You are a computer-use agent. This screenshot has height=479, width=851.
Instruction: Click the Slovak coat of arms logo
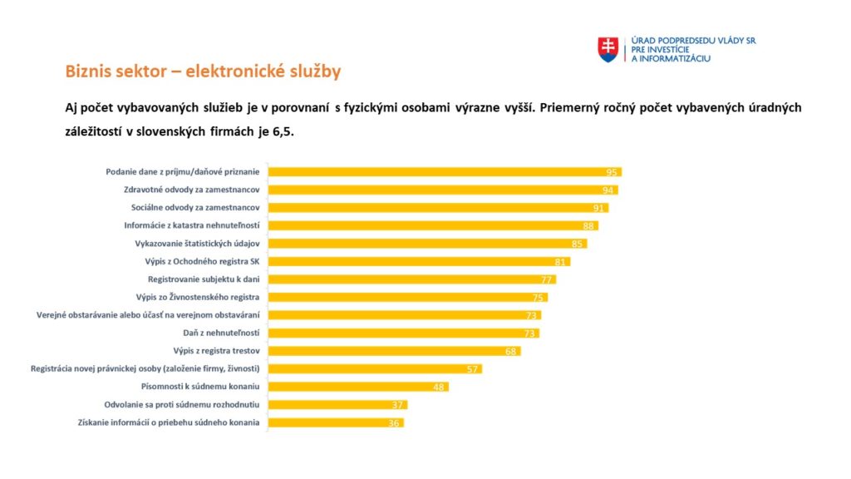[608, 49]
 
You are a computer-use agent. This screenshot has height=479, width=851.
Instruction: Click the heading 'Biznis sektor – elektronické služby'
[203, 72]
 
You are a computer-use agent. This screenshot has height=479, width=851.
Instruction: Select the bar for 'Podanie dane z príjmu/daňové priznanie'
[445, 172]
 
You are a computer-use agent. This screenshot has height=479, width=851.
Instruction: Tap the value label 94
[609, 190]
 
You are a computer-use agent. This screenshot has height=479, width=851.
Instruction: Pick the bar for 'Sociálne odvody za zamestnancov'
[438, 208]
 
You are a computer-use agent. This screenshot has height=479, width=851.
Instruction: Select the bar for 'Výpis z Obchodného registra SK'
[420, 262]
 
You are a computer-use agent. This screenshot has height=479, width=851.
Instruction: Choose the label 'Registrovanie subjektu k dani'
[204, 279]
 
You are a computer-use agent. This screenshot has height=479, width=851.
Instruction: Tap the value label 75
[539, 298]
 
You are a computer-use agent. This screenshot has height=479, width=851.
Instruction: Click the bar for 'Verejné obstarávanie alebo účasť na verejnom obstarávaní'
[405, 315]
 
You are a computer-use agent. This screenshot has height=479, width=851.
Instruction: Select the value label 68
[512, 352]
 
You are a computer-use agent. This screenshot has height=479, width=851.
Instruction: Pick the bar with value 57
[376, 369]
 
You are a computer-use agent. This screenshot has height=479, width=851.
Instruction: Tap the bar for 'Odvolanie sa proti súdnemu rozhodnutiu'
[338, 405]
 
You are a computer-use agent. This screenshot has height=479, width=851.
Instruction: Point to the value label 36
[394, 423]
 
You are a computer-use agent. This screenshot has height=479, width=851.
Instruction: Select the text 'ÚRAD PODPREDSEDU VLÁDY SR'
[694, 40]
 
